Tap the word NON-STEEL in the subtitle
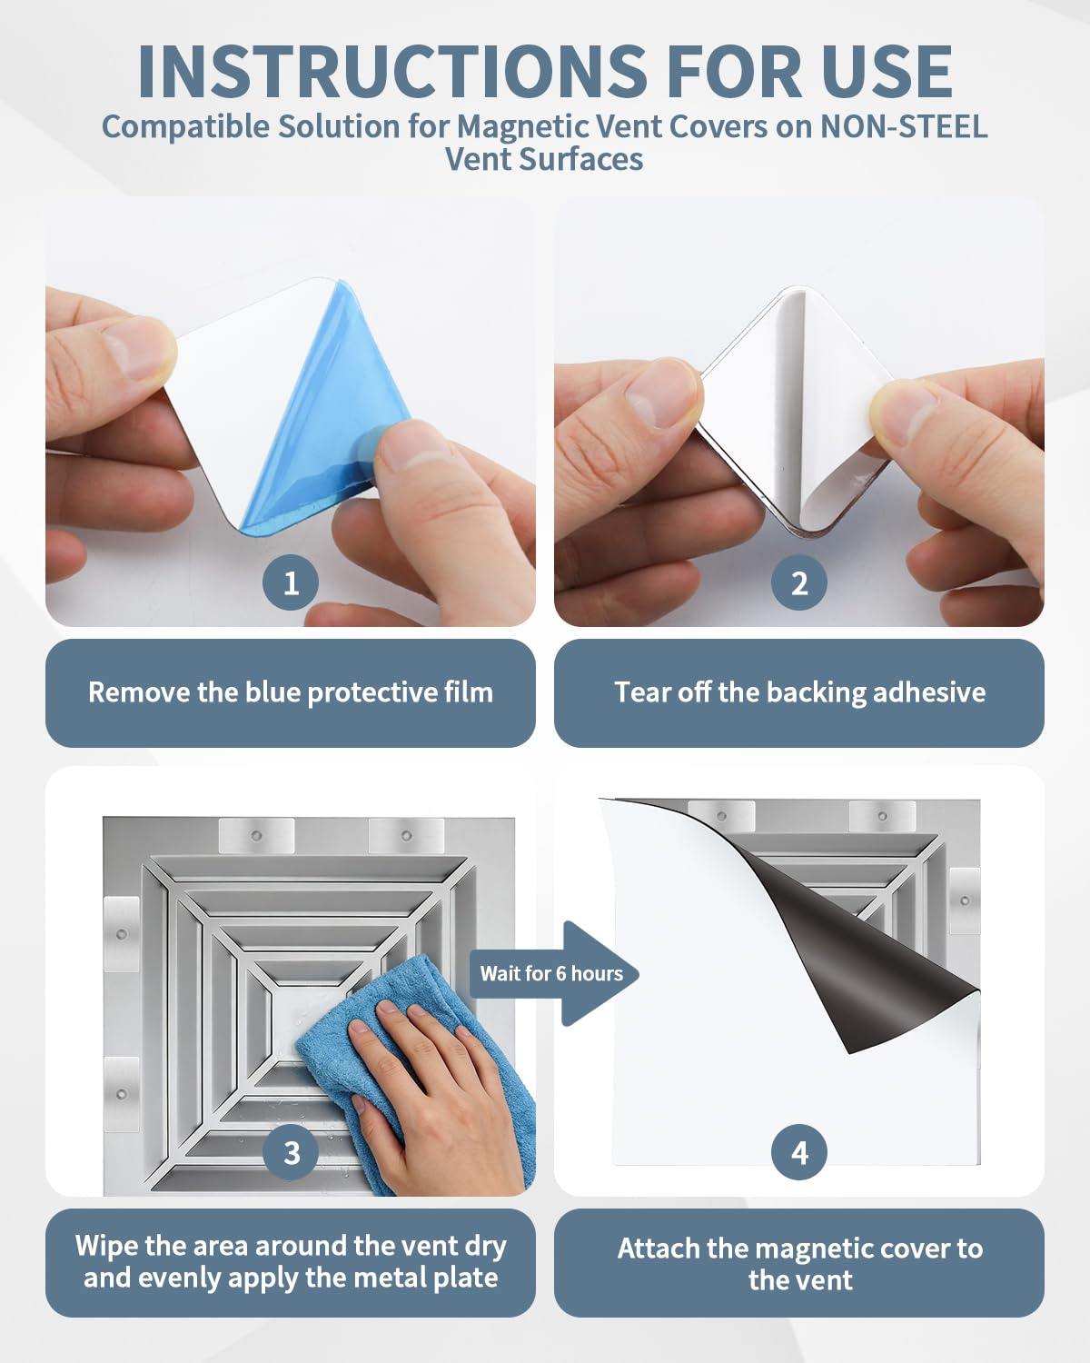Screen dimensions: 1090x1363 904,126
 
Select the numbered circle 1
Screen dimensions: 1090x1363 291,582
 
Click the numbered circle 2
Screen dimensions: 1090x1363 799,582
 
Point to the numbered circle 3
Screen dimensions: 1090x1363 292,1153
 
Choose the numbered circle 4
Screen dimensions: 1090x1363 799,1153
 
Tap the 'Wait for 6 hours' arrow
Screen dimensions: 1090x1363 554,973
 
